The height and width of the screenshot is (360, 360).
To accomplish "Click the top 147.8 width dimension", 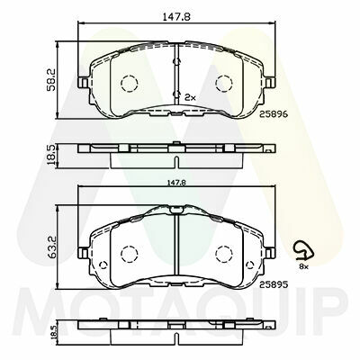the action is (176, 17).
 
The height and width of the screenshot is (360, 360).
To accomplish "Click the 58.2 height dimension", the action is (50, 79).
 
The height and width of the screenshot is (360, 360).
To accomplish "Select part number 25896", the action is (274, 114).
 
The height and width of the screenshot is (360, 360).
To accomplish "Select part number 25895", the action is (274, 284).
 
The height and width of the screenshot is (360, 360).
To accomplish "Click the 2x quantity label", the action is (190, 97).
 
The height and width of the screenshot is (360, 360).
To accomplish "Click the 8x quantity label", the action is (303, 266).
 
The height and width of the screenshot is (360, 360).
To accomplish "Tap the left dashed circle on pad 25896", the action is (129, 83).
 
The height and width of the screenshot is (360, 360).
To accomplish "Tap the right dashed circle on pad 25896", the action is (224, 83).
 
